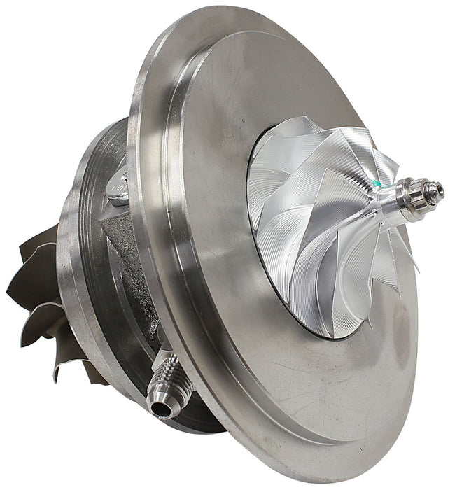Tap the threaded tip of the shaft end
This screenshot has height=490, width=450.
pos(438,188)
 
